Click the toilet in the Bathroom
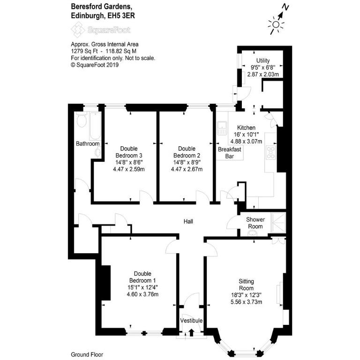click(81, 120)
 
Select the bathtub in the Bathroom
click(95, 126)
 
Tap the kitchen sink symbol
click(222, 128)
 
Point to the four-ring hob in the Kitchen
click(270, 152)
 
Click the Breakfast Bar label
click(229, 153)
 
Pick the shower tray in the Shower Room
click(278, 223)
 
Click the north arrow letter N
click(285, 7)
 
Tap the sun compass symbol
click(276, 24)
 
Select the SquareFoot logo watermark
click(101, 30)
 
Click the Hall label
click(188, 221)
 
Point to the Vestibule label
click(191, 321)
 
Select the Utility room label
click(263, 60)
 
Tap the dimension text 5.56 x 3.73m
click(247, 302)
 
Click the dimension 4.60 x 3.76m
click(142, 294)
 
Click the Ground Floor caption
click(87, 354)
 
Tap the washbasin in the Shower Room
click(253, 233)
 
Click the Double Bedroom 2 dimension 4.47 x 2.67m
click(187, 169)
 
